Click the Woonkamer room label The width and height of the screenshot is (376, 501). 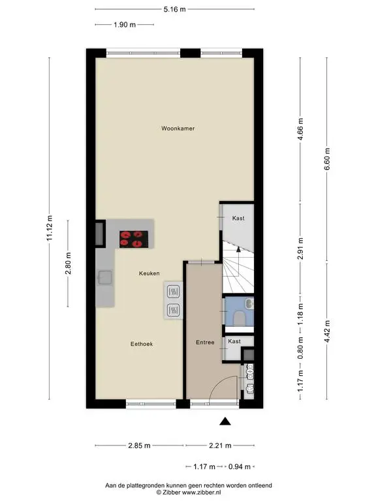pos(178,129)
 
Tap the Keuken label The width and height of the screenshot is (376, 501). pos(149,273)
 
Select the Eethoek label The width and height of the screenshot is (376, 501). pos(142,344)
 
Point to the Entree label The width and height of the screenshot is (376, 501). pos(205,342)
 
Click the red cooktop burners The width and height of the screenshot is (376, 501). pos(134,239)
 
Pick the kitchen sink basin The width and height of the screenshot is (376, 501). pos(105,277)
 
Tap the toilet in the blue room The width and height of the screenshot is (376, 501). pos(240,318)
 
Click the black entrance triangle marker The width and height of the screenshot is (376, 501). pos(225,421)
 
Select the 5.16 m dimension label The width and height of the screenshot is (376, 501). pos(174,9)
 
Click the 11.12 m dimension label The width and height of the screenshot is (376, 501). pos(49,228)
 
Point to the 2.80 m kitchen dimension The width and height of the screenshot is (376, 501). pos(68,264)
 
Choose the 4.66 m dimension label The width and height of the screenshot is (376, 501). pos(300,129)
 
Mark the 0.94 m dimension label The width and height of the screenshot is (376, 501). pos(239,467)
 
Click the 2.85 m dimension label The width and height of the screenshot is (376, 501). pos(139,446)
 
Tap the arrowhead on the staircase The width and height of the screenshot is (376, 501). pos(238,250)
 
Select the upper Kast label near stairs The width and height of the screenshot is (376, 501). pos(238,219)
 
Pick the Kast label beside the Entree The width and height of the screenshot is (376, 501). pos(234,341)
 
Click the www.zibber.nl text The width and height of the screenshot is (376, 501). pos(202,493)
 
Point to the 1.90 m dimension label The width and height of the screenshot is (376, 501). pos(125,25)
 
